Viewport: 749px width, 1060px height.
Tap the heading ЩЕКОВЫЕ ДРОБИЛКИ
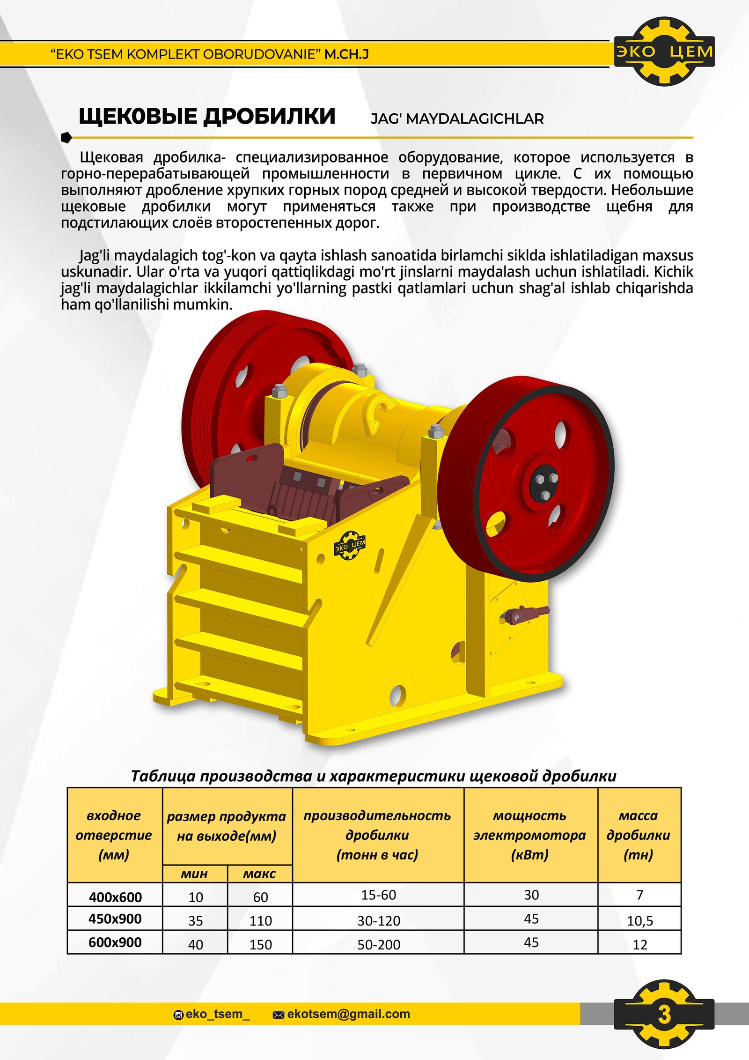pyautogui.click(x=207, y=116)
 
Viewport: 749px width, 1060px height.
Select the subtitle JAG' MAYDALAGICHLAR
pyautogui.click(x=457, y=119)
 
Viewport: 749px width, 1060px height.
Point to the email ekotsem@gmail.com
pyautogui.click(x=348, y=1014)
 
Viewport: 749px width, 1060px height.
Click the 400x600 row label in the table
pyautogui.click(x=115, y=897)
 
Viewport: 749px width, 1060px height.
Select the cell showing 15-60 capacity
pyautogui.click(x=378, y=895)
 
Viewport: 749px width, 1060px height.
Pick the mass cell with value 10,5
pyautogui.click(x=639, y=921)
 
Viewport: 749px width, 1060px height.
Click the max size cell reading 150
pyautogui.click(x=260, y=945)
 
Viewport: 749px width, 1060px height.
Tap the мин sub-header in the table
pyautogui.click(x=194, y=874)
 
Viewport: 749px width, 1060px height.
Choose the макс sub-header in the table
pyautogui.click(x=259, y=874)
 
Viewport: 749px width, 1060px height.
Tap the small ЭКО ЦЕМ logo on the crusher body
pyautogui.click(x=350, y=545)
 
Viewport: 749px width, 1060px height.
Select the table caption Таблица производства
pyautogui.click(x=374, y=776)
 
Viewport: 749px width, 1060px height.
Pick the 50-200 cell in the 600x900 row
pyautogui.click(x=378, y=945)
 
